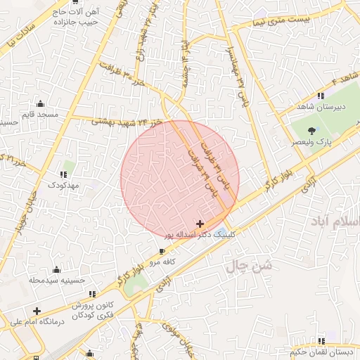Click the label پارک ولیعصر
click(x=313, y=142)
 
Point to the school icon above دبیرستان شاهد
click(x=321, y=96)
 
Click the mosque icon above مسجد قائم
click(x=40, y=103)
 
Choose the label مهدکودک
click(x=65, y=184)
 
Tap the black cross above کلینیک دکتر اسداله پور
click(x=200, y=223)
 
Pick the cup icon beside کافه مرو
click(x=163, y=251)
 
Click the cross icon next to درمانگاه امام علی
click(x=37, y=311)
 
